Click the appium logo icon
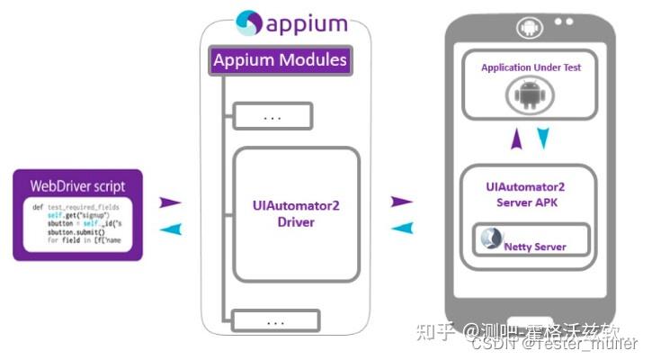click(249, 22)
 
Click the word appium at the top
click(299, 22)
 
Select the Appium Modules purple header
click(279, 61)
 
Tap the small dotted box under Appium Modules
click(272, 116)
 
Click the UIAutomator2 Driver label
click(296, 213)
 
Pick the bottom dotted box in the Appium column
click(275, 320)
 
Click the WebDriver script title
click(78, 186)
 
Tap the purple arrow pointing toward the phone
click(402, 202)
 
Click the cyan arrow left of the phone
click(402, 228)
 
